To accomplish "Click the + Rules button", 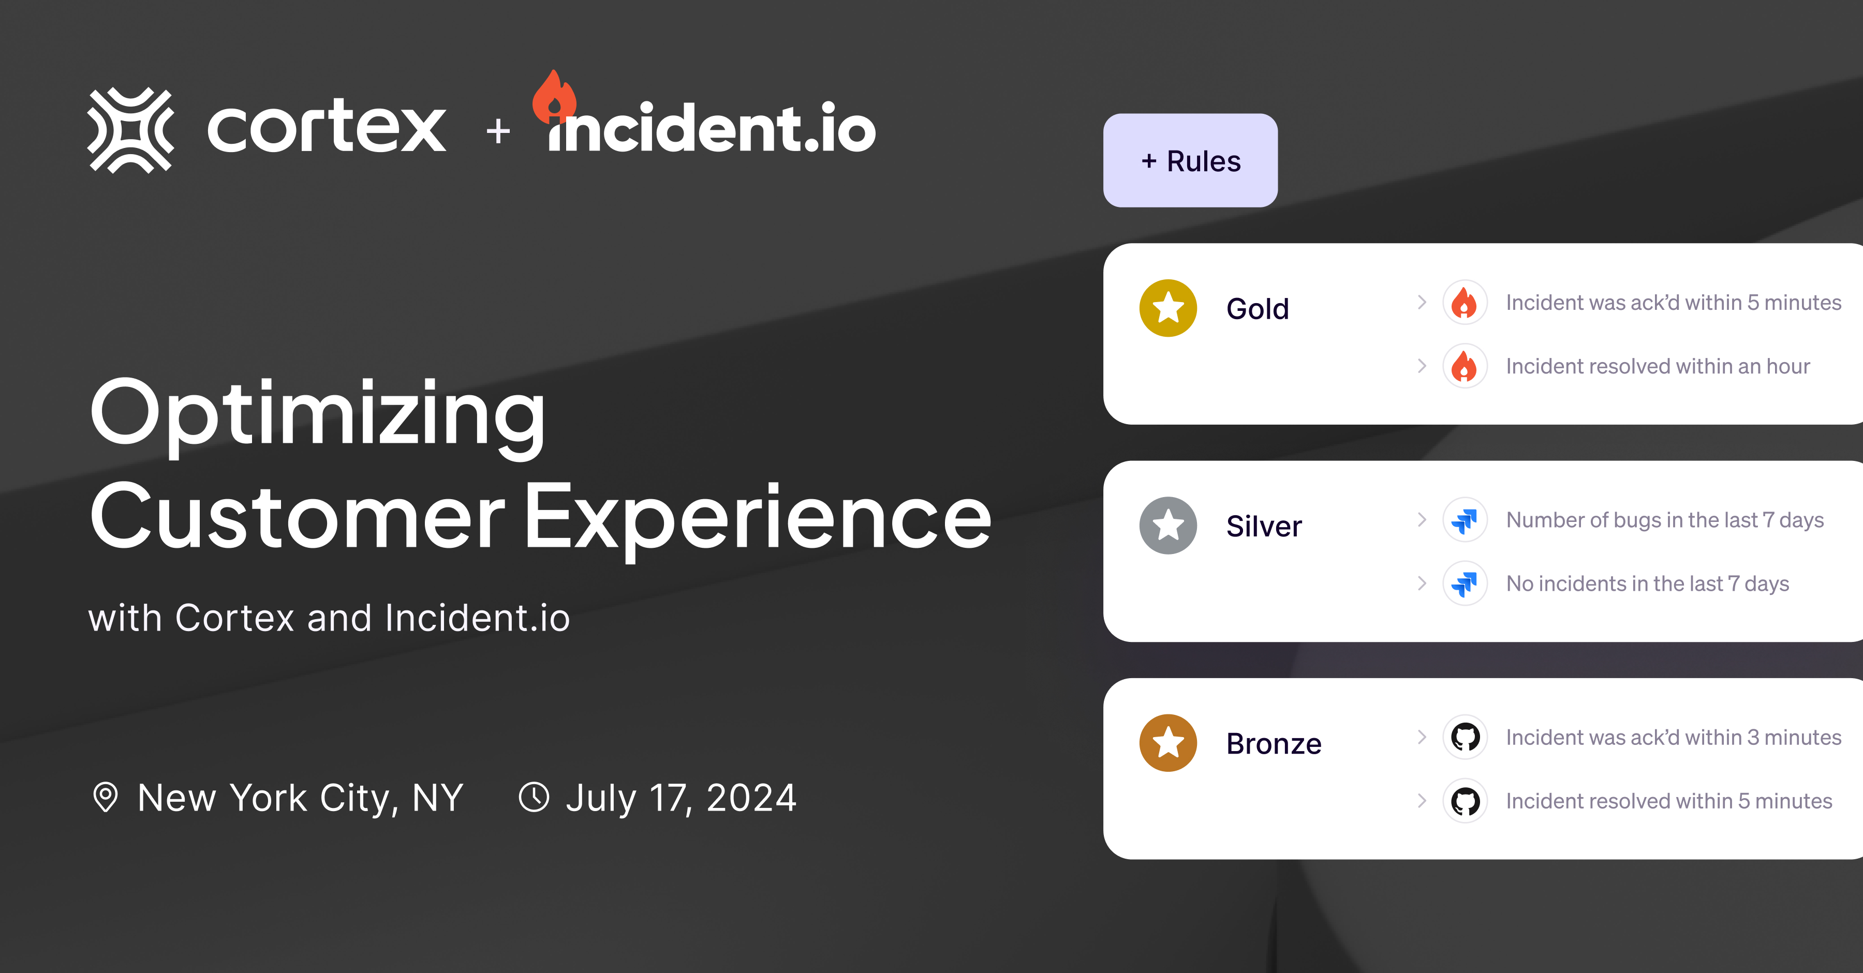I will [x=1190, y=160].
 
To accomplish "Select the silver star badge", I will [x=1168, y=526].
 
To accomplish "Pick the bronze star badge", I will [x=1168, y=743].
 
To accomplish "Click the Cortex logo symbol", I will [x=131, y=130].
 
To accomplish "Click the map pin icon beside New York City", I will [x=106, y=797].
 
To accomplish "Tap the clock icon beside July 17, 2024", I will [x=534, y=797].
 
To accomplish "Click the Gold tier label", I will [x=1258, y=309].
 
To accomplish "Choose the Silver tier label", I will [x=1263, y=526].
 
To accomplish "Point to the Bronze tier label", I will [x=1274, y=744].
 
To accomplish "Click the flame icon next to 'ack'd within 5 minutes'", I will [x=1465, y=302].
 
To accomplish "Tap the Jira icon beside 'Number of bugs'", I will [x=1465, y=520].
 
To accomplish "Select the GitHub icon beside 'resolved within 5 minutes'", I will [x=1465, y=801].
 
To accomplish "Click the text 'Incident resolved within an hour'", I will [x=1658, y=367].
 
